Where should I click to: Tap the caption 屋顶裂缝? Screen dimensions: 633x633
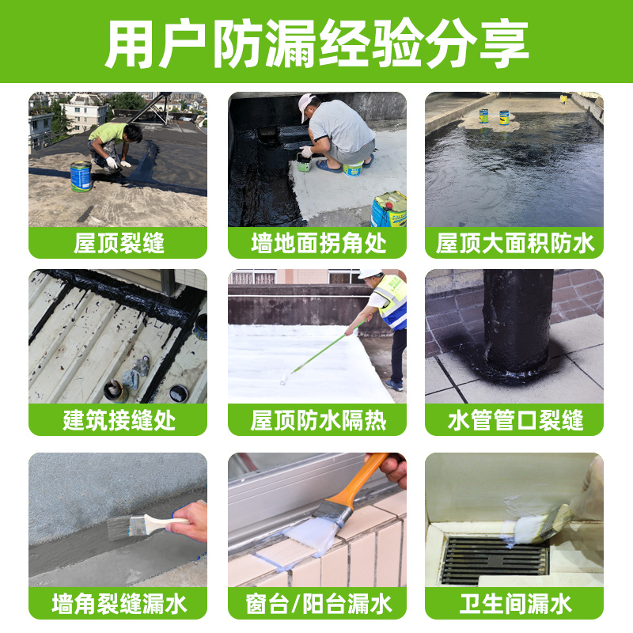tap(119, 243)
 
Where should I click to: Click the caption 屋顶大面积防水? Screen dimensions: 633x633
tap(514, 243)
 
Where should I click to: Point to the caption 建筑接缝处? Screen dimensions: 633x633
tap(119, 420)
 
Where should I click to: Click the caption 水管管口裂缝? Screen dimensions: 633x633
tap(514, 420)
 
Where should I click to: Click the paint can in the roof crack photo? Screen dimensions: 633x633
tap(81, 176)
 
